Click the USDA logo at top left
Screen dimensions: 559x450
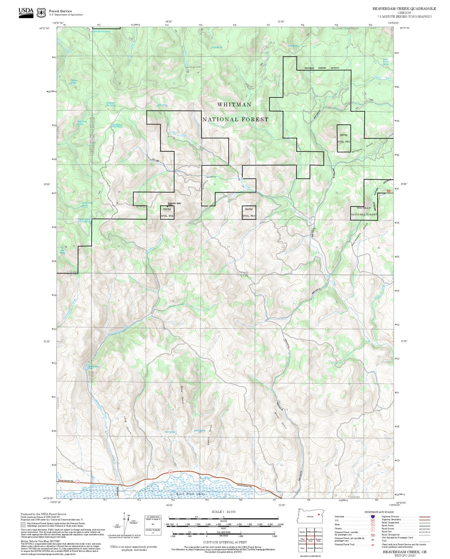[x=26, y=12]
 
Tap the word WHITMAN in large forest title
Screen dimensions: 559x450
[x=234, y=104]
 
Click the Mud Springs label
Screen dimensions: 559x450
[x=170, y=432]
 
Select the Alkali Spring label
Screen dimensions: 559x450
[x=199, y=431]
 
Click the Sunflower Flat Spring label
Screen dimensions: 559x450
[x=110, y=104]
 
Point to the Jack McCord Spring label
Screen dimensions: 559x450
[x=101, y=31]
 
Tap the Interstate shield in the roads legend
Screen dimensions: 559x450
[x=373, y=516]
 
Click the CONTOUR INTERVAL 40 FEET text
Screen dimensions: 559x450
[x=225, y=542]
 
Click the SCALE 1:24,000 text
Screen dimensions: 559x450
[x=223, y=512]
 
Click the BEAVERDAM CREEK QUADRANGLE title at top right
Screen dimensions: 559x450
[x=404, y=9]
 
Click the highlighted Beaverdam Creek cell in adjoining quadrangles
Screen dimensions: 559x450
[x=310, y=540]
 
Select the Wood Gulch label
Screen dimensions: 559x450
[x=182, y=394]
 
